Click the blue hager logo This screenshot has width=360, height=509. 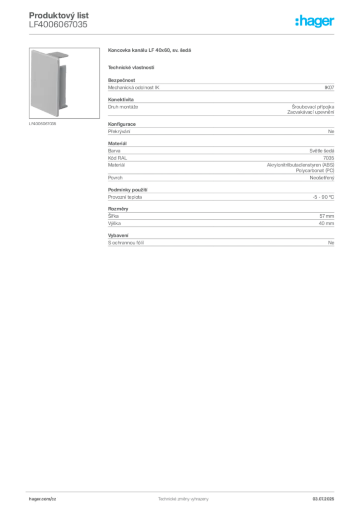(315, 21)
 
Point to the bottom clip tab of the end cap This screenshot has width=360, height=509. (67, 107)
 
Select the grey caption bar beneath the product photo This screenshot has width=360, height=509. (44, 124)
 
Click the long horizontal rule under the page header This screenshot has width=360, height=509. (183, 33)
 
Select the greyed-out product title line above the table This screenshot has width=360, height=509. (151, 51)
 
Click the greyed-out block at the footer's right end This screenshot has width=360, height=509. (326, 498)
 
